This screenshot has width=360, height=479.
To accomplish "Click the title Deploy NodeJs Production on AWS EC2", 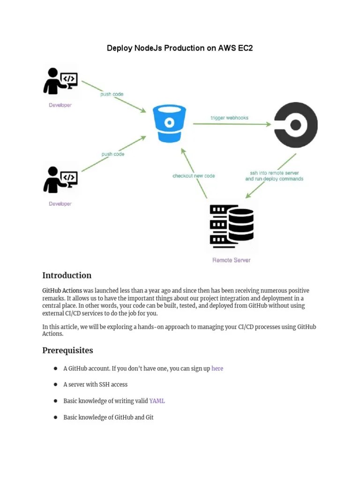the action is coord(180,48).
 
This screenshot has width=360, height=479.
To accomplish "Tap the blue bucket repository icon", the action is coord(170,123).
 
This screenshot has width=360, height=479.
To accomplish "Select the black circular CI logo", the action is coord(296,125).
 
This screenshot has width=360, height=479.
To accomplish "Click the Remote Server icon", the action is coord(232,226).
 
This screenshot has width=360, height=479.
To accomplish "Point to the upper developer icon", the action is coord(60,81).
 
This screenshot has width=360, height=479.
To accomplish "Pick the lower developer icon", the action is coord(60,180).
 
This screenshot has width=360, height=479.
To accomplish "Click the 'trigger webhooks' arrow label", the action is coord(230,118).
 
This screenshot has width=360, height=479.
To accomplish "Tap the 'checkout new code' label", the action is coord(194,176).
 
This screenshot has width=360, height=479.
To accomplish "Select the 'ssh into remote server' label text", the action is coord(274,173).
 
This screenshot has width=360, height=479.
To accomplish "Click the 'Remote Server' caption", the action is coord(232,260).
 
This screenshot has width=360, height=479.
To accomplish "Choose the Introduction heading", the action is coord(67,276).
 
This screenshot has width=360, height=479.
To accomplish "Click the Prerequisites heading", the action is coord(67,350).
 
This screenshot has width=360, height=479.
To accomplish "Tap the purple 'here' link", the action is coord(217,369).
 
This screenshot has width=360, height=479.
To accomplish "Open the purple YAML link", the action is coord(157,401).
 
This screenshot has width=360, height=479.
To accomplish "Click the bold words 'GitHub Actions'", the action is coord(62,290).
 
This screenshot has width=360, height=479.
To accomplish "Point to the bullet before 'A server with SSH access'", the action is coord(56,385).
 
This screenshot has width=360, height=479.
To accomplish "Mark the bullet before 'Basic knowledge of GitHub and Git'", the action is coord(56,417).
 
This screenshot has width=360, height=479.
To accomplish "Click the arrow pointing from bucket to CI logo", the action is coord(232,124).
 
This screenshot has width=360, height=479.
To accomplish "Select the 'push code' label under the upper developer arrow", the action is coord(112,94).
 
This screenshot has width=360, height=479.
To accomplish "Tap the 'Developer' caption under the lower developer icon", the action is coord(60,204).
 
